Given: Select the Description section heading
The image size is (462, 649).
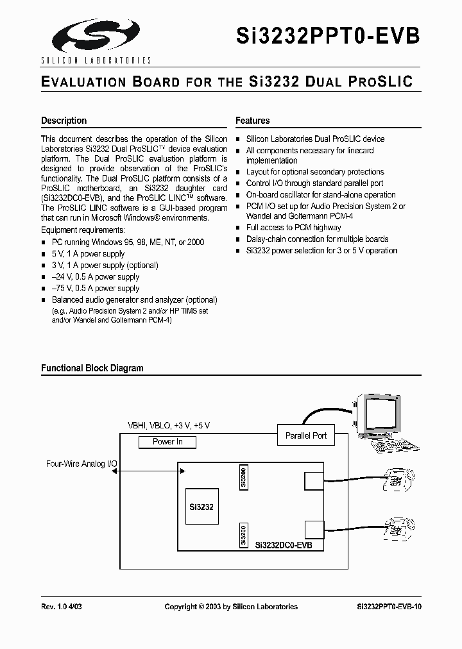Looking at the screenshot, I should pyautogui.click(x=64, y=121).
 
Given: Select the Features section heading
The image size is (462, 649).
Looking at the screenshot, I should pyautogui.click(x=253, y=121).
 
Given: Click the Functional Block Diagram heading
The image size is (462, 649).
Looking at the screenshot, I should pyautogui.click(x=92, y=368).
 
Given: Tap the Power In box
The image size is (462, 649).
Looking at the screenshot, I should pyautogui.click(x=167, y=442).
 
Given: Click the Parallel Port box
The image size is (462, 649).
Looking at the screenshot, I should pyautogui.click(x=306, y=436).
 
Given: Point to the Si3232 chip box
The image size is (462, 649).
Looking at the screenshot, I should pyautogui.click(x=201, y=507).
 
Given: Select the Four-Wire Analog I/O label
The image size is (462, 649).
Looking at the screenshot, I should pyautogui.click(x=81, y=463).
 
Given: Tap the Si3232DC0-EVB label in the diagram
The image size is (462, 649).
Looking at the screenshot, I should pyautogui.click(x=284, y=545).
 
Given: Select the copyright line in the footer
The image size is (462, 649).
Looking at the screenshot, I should pyautogui.click(x=231, y=607).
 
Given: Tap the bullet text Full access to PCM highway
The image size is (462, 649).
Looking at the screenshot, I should pyautogui.click(x=294, y=228).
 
